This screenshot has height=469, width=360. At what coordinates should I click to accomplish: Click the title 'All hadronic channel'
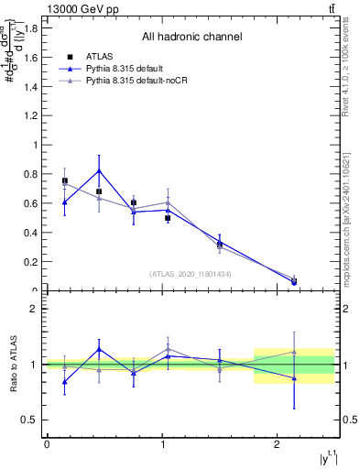pos(191,38)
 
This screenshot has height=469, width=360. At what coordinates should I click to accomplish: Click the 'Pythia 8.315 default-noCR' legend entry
pos(139,82)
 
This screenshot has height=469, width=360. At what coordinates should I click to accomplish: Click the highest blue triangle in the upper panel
pos(99,170)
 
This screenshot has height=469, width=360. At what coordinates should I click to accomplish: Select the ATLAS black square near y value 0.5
pos(168,218)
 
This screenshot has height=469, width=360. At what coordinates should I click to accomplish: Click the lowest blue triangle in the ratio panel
pos(64,383)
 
